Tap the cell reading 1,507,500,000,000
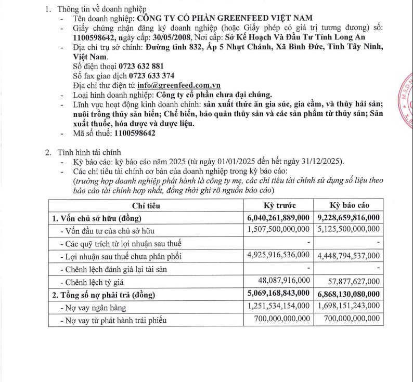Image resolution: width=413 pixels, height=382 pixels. click(277, 230)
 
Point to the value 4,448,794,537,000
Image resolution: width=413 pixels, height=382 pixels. click(347, 255)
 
